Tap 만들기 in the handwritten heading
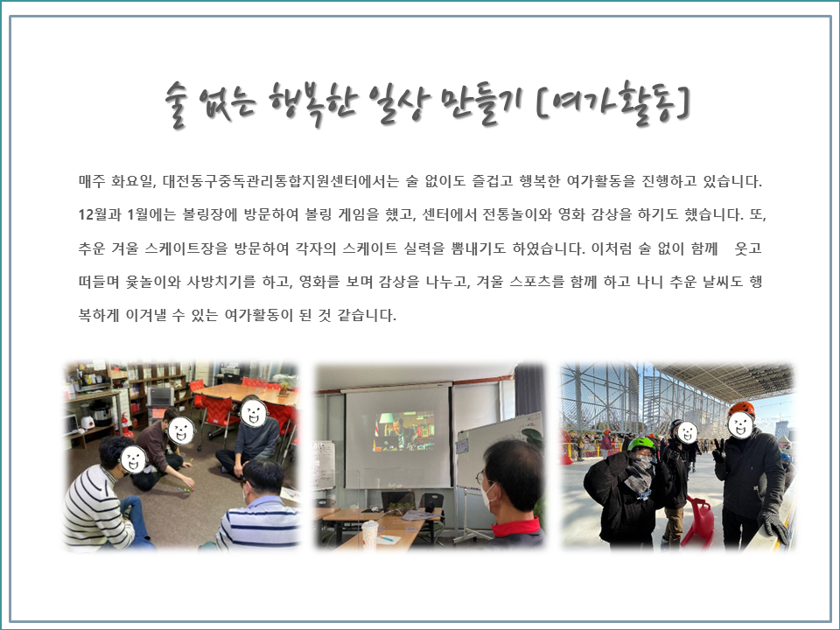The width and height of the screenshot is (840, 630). point(483,103)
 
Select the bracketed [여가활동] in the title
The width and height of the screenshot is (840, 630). point(612,103)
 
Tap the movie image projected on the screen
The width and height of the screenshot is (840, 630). point(403,430)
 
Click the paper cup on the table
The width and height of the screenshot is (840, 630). point(369,534)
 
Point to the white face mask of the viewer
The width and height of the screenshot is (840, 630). point(488,495)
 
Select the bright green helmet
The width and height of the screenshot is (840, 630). point(641,444)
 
